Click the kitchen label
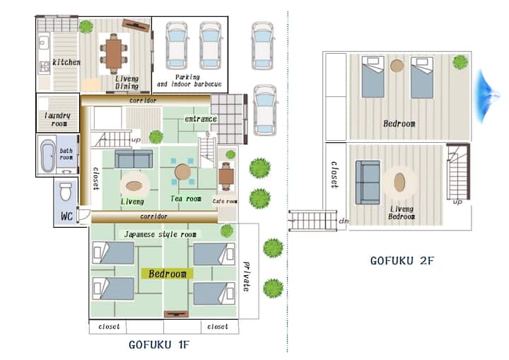click(x=66, y=62)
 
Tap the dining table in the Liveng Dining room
click(x=114, y=53)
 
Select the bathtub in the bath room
click(x=48, y=156)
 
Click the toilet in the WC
click(x=66, y=192)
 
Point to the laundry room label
click(x=58, y=120)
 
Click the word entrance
click(x=201, y=119)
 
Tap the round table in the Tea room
click(x=182, y=172)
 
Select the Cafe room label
click(x=225, y=201)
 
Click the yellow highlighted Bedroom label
click(x=168, y=274)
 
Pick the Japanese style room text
click(x=160, y=234)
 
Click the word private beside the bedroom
click(x=247, y=276)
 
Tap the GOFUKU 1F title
click(x=159, y=344)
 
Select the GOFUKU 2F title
click(x=402, y=260)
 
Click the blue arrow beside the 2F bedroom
click(x=488, y=96)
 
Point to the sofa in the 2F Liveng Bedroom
click(x=368, y=182)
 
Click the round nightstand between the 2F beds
click(x=397, y=66)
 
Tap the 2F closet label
click(x=334, y=175)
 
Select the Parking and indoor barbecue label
click(x=189, y=81)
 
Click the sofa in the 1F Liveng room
click(x=134, y=158)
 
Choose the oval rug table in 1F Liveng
click(x=134, y=186)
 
